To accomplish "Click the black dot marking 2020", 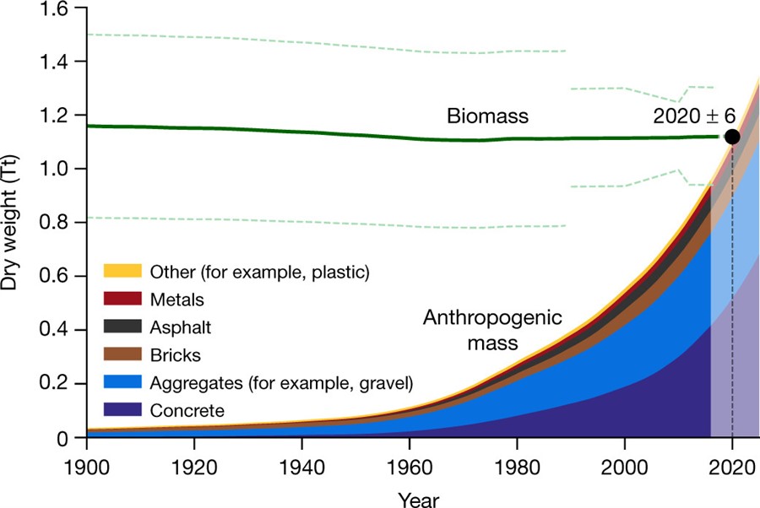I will pyautogui.click(x=731, y=137).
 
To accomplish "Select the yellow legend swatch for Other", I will pyautogui.click(x=122, y=271).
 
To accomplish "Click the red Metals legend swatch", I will pyautogui.click(x=122, y=299).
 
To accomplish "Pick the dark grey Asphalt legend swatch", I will pyautogui.click(x=122, y=327).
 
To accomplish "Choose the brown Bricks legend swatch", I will pyautogui.click(x=122, y=354).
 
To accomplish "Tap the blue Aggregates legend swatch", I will pyautogui.click(x=122, y=383).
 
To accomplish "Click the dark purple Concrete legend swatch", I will pyautogui.click(x=122, y=411).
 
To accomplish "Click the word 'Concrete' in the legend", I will pyautogui.click(x=187, y=411).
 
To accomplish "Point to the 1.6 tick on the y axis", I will pyautogui.click(x=62, y=8).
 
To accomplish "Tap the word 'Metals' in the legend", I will pyautogui.click(x=177, y=299).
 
